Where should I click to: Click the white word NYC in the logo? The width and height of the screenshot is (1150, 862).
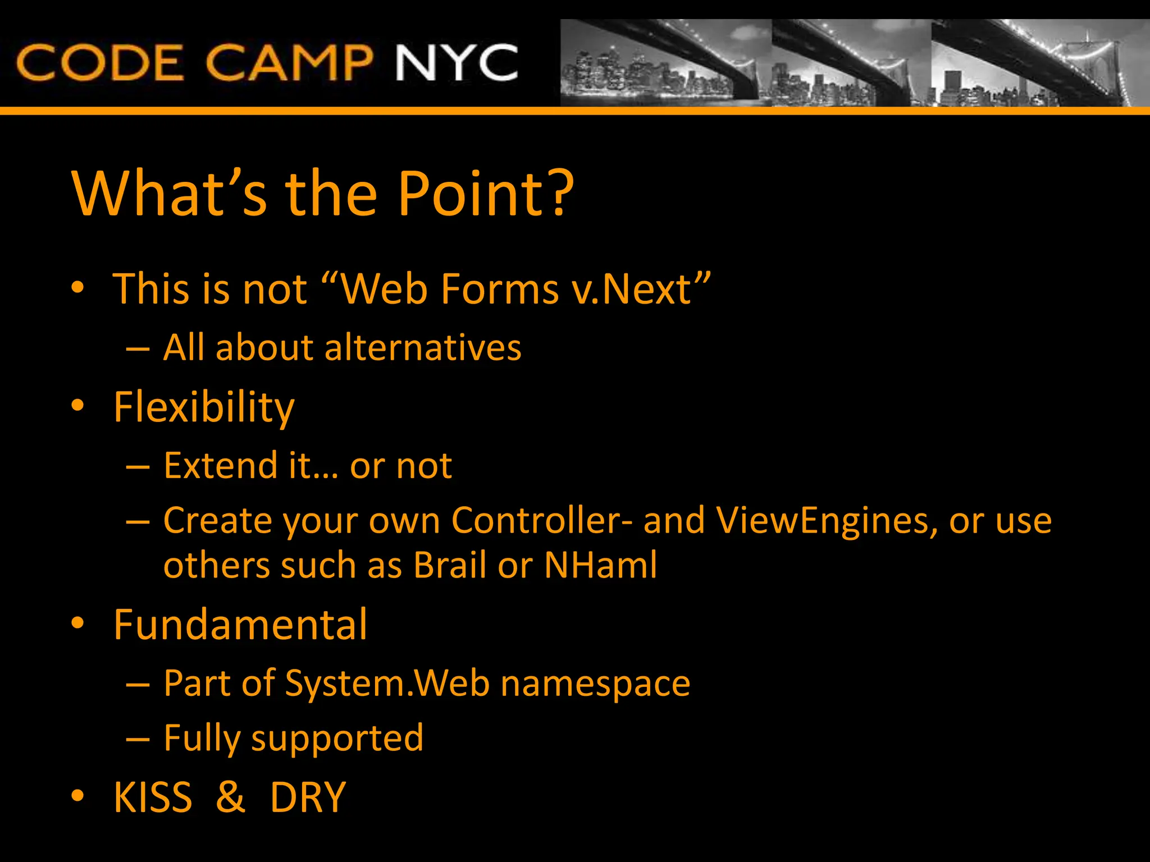click(x=456, y=63)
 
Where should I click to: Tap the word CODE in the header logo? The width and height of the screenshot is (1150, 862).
click(x=100, y=63)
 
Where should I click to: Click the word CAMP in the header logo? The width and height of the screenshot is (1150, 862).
click(x=289, y=63)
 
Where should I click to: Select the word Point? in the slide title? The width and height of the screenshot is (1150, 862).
click(x=486, y=193)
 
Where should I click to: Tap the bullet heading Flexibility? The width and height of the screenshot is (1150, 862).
click(x=204, y=407)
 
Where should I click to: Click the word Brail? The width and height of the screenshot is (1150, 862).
click(x=450, y=565)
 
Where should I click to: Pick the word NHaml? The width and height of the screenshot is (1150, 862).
click(x=600, y=565)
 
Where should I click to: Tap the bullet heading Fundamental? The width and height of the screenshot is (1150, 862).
click(x=240, y=625)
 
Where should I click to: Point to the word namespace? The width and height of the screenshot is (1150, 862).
click(x=595, y=685)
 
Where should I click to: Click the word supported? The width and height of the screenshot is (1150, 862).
click(x=337, y=739)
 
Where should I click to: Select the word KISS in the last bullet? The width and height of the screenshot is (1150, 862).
click(x=153, y=797)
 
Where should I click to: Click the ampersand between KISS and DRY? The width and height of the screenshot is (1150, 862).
click(x=230, y=797)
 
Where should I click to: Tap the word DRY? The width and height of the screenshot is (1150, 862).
click(x=308, y=797)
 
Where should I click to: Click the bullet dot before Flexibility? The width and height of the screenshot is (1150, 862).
click(x=77, y=405)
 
